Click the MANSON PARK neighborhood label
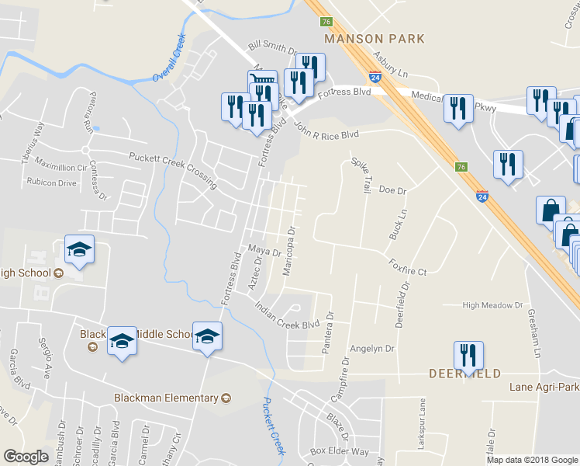[x=375, y=38]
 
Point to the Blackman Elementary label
[x=166, y=398]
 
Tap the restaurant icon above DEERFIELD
[x=468, y=356]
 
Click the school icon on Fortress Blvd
[x=207, y=336]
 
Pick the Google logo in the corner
[x=26, y=457]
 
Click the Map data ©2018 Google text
[x=531, y=459]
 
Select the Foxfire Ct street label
[x=408, y=267]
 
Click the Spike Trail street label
[x=361, y=175]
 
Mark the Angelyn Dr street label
[x=372, y=349]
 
